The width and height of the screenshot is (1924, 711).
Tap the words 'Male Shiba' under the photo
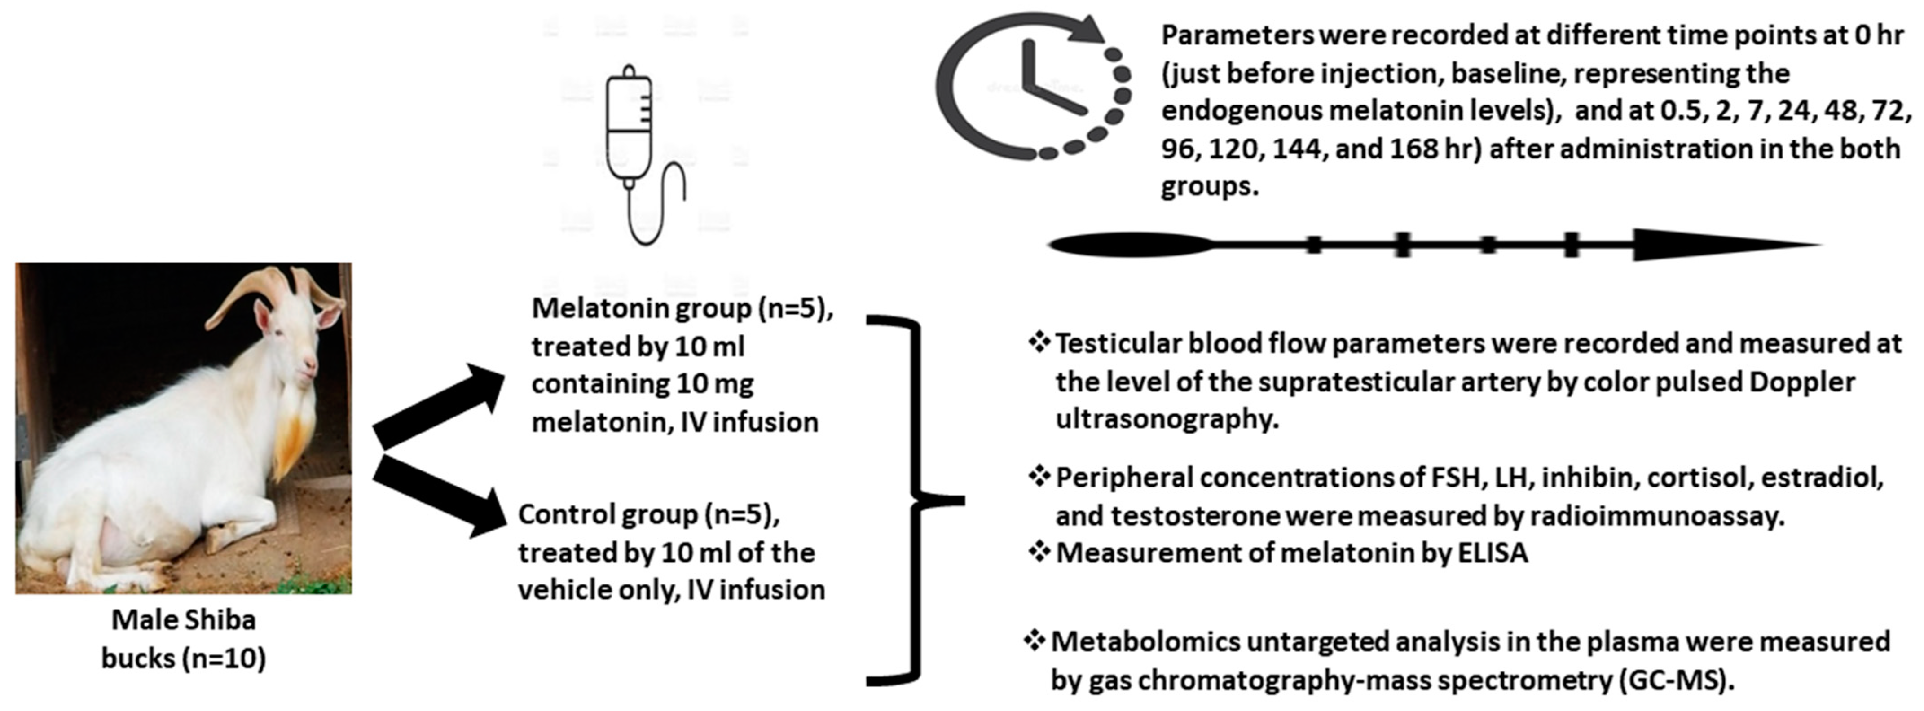click(184, 620)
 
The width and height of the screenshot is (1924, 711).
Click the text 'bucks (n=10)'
click(184, 658)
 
